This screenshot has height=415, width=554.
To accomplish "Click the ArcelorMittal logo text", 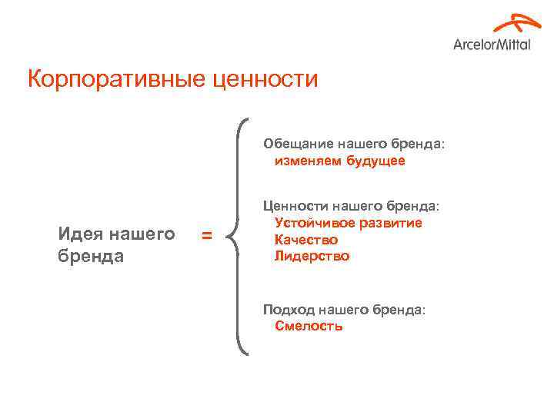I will coord(492,44).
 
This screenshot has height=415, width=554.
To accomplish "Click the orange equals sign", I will coord(206,235).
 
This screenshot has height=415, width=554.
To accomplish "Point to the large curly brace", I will coord(240,236).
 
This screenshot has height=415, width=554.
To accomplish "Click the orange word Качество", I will coord(306,240).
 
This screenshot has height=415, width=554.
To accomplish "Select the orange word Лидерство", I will coord(312,256).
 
